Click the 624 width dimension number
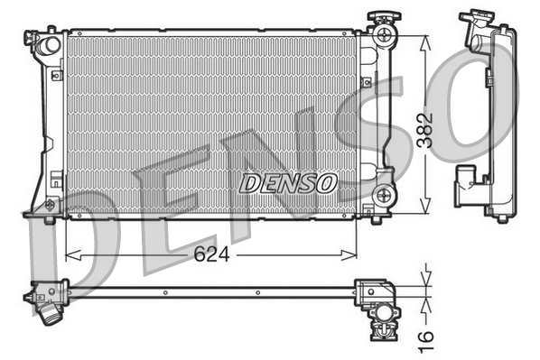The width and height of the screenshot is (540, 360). coord(210,254)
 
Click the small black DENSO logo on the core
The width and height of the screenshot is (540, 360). coord(288,183)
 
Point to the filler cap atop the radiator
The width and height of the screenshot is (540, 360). coord(376,20)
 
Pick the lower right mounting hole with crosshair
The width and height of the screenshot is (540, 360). coord(385,193)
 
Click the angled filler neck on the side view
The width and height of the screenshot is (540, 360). coord(472,32)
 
